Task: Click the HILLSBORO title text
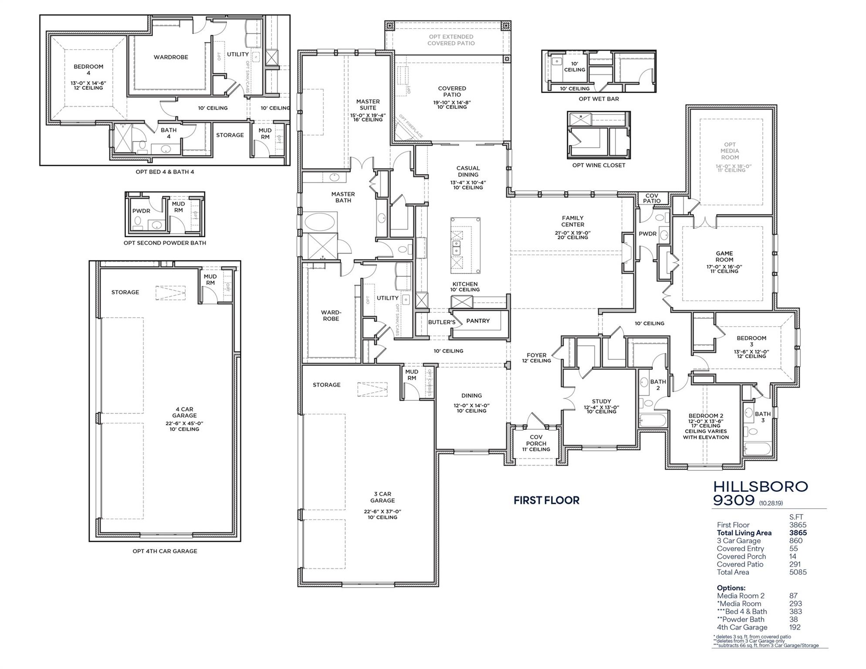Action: click(760, 487)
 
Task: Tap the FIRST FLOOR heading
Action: click(546, 500)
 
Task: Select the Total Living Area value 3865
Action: click(798, 533)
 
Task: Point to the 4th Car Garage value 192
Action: click(795, 627)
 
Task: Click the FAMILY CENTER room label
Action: click(572, 221)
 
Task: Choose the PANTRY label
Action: click(478, 321)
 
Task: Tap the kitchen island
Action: click(465, 245)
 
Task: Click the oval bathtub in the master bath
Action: click(321, 222)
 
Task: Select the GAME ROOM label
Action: click(724, 257)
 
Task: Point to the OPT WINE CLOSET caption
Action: click(599, 166)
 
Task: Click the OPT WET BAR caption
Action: click(599, 99)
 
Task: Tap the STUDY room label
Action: click(601, 402)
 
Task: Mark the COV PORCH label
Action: click(536, 440)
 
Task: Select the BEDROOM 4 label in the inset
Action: click(88, 70)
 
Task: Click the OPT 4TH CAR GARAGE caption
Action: click(165, 551)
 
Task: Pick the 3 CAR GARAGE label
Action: click(382, 497)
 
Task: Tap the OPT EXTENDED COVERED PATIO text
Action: click(451, 40)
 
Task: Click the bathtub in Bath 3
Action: click(758, 449)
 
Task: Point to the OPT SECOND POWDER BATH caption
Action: click(165, 243)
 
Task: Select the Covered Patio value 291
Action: click(795, 564)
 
